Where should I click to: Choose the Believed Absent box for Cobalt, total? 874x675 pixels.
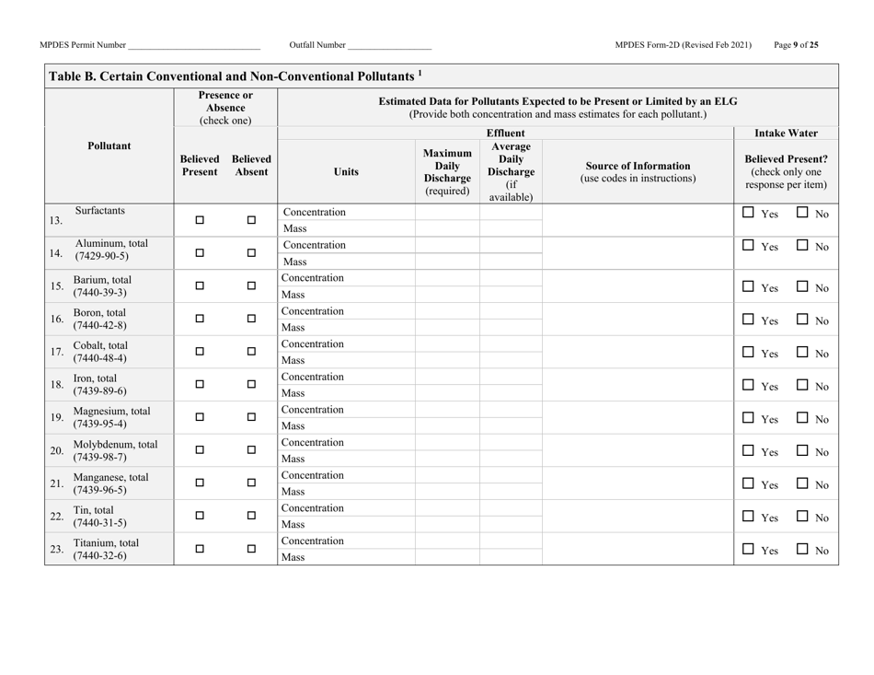click(250, 351)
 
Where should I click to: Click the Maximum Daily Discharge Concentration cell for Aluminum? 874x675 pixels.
click(447, 245)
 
